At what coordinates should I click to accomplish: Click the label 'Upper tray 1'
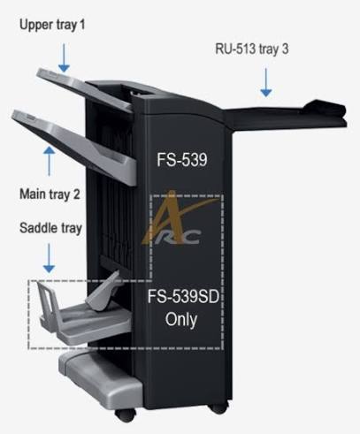pyautogui.click(x=52, y=25)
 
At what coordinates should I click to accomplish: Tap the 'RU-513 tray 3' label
pyautogui.click(x=252, y=49)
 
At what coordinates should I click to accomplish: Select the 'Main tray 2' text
pyautogui.click(x=50, y=194)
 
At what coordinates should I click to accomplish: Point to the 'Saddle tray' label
pyautogui.click(x=50, y=228)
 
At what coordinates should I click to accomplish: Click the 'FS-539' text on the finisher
pyautogui.click(x=182, y=160)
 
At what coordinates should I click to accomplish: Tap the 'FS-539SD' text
pyautogui.click(x=183, y=296)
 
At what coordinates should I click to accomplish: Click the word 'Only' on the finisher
pyautogui.click(x=181, y=320)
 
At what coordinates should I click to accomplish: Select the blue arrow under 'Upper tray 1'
pyautogui.click(x=64, y=57)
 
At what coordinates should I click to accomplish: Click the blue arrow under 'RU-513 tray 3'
pyautogui.click(x=266, y=82)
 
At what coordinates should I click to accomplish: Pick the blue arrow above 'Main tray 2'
pyautogui.click(x=50, y=161)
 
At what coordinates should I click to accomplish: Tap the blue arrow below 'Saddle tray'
pyautogui.click(x=49, y=258)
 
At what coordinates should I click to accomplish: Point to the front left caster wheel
pyautogui.click(x=125, y=415)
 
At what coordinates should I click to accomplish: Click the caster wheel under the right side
pyautogui.click(x=218, y=407)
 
